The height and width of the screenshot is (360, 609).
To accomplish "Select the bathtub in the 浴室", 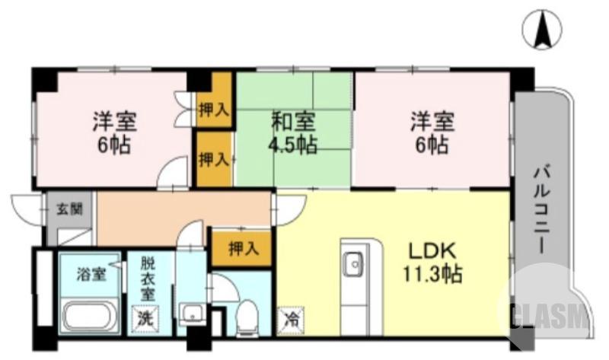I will tap(90, 314).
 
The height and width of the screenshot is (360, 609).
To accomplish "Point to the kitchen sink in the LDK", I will tap(353, 265).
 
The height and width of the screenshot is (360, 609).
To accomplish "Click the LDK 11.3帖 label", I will tap(432, 263).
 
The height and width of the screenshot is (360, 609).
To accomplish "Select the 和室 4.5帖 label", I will tap(293, 133).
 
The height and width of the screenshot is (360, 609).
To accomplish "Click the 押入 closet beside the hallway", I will tap(240, 247).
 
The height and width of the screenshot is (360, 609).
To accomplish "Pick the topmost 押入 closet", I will tap(213, 109).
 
